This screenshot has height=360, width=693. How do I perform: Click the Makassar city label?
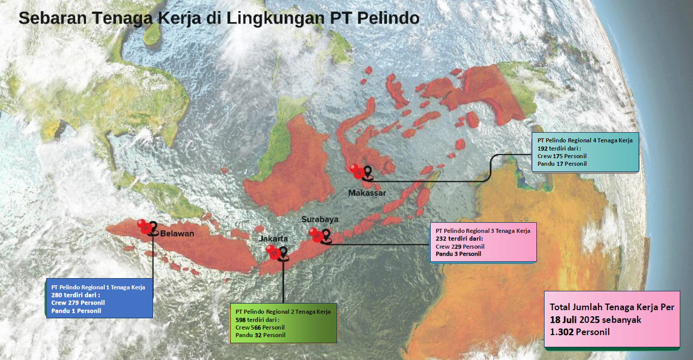click(x=367, y=193)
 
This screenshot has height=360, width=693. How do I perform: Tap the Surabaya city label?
click(x=320, y=219)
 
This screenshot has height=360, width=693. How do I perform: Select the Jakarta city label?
click(x=274, y=238)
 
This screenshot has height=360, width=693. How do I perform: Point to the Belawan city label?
click(x=177, y=234)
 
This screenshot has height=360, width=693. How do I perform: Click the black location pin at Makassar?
click(x=367, y=173)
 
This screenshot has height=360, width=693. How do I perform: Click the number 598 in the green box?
click(x=241, y=319)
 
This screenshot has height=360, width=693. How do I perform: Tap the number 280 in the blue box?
click(x=56, y=295)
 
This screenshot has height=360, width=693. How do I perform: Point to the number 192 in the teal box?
click(x=543, y=148)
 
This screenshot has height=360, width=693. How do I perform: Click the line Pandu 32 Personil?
click(x=260, y=335)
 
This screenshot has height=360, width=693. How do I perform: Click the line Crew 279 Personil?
click(x=78, y=303)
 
